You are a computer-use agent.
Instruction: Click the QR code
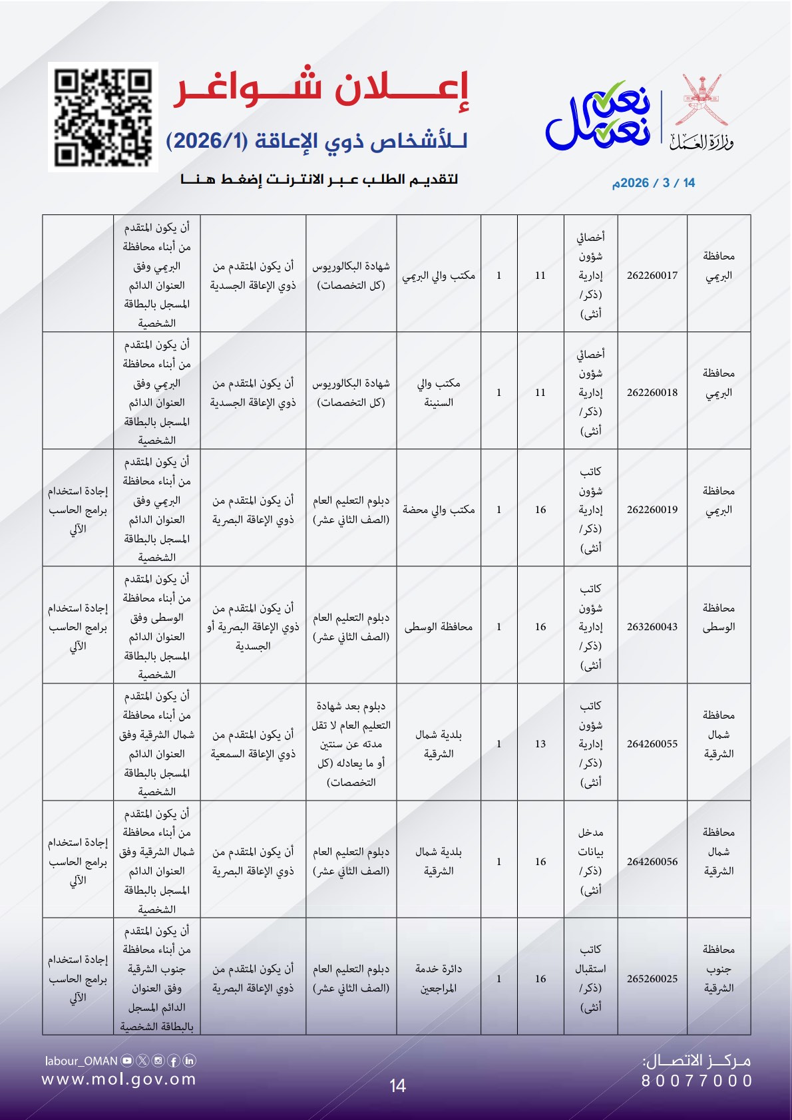pos(103,117)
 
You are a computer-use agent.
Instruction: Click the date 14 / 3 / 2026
pos(653,183)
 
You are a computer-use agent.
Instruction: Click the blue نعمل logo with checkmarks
pos(598,116)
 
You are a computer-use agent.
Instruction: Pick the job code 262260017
pos(652,275)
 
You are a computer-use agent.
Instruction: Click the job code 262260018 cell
pos(652,392)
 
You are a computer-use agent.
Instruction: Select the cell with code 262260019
pos(652,509)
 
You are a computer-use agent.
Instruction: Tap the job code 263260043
pos(652,626)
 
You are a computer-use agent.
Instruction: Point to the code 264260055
pos(652,743)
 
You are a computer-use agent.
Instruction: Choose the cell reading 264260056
pos(652,861)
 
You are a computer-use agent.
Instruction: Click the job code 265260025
pos(652,978)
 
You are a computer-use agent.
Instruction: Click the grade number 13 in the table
pos(540,743)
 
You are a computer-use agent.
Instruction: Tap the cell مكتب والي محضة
pos(439,509)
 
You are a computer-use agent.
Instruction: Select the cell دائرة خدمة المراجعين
pos(439,978)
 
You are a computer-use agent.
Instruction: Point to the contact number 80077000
pos(697,1081)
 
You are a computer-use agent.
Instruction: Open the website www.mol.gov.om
pos(119,1079)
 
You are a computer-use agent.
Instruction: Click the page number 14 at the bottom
pos(397,1086)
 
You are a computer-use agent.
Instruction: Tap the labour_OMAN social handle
pos(81,1061)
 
